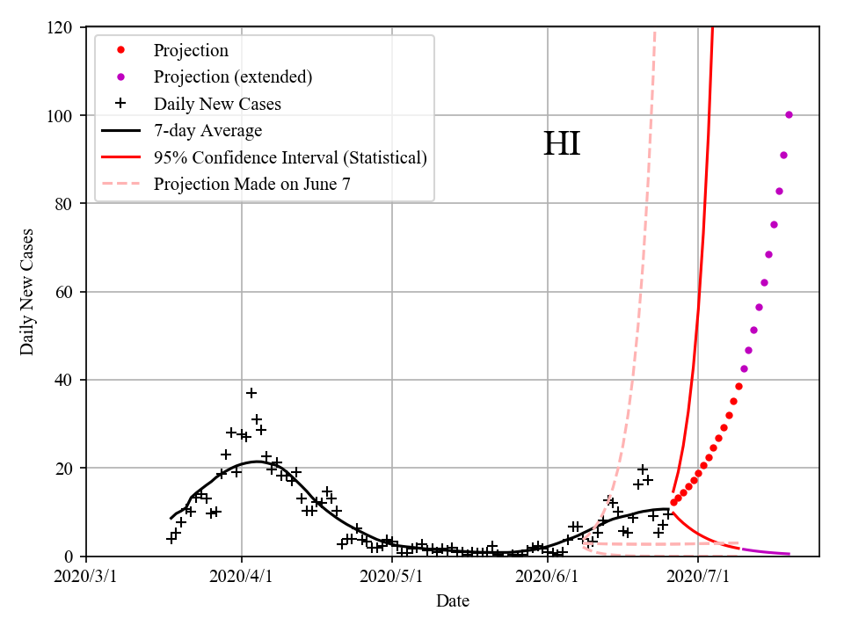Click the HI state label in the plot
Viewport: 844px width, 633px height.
click(x=562, y=144)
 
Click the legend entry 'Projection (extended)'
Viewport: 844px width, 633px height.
click(x=232, y=77)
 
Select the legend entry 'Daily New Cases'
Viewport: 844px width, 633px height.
click(x=217, y=104)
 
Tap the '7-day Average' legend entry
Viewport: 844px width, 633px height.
click(x=207, y=131)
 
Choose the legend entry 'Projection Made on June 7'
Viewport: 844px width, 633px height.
click(x=252, y=184)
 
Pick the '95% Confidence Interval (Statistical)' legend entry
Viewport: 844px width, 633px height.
click(x=290, y=157)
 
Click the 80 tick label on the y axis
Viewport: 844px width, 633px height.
click(x=68, y=204)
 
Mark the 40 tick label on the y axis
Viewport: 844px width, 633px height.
click(x=68, y=380)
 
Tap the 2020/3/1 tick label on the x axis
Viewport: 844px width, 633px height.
click(x=86, y=578)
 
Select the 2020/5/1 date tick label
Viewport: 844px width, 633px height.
click(x=392, y=578)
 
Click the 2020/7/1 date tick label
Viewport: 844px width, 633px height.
click(x=698, y=578)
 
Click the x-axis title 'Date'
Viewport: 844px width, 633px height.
click(x=453, y=601)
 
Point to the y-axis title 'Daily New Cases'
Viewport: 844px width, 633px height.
click(x=27, y=292)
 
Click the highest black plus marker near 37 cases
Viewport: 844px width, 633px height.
click(x=251, y=393)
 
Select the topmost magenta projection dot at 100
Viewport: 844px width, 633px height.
click(x=789, y=114)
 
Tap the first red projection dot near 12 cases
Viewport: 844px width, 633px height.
click(x=673, y=503)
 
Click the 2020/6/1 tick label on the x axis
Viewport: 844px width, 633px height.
click(x=548, y=578)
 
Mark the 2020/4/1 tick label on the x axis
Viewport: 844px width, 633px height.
click(x=242, y=578)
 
